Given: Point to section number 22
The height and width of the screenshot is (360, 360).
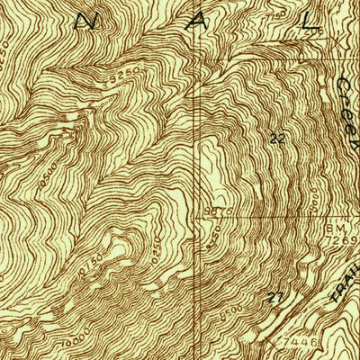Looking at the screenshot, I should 277,139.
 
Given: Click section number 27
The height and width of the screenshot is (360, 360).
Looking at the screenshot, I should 276,296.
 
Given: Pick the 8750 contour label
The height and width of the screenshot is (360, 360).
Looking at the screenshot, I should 213,241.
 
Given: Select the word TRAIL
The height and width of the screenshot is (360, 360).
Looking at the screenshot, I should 341,290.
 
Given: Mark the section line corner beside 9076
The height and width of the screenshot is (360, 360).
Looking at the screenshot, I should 200,216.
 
